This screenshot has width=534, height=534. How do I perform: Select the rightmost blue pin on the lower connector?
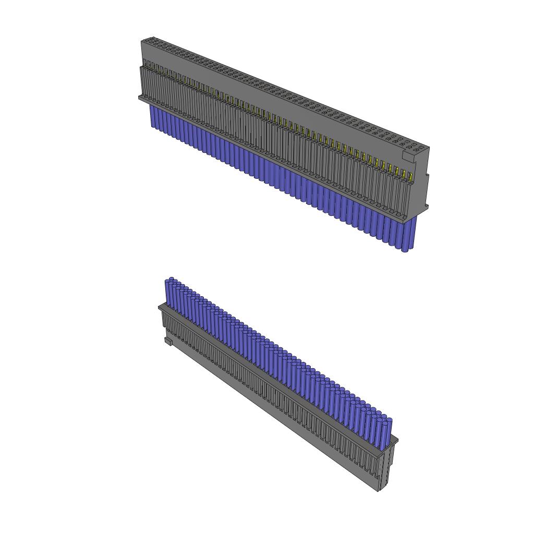tap(386, 433)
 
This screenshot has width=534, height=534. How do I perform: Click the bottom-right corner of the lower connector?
tap(379, 490)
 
